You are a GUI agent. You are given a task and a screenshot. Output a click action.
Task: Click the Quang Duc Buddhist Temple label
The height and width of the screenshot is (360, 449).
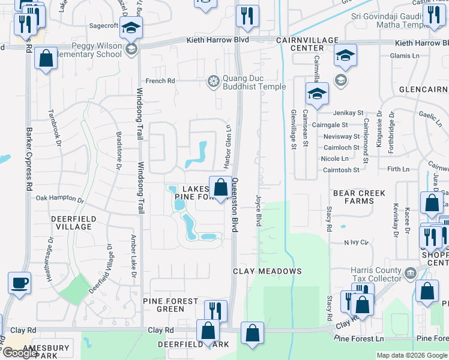tap(254, 82)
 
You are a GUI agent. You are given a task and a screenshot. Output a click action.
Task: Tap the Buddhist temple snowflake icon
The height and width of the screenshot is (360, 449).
tap(213, 82)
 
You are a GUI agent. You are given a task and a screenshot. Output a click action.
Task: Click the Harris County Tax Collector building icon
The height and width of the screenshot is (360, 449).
tap(410, 273)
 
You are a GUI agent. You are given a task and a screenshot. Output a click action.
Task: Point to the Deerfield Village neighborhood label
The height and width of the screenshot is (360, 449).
tap(71, 223)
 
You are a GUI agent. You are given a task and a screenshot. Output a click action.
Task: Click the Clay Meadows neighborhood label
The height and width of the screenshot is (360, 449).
tap(267, 271)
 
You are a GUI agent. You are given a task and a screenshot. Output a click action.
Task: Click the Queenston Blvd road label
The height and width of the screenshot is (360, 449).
tap(234, 203)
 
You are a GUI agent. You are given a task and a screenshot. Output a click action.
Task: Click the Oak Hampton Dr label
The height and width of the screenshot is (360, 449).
tap(60, 197)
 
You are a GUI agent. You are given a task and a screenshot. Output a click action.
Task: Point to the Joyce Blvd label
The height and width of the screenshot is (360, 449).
tap(259, 210)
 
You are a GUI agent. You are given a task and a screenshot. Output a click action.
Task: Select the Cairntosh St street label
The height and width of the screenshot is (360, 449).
tap(340, 170)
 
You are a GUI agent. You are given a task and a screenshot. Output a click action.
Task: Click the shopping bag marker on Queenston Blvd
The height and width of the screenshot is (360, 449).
tap(219, 185)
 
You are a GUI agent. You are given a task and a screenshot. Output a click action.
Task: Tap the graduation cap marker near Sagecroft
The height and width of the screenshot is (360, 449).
tap(130, 28)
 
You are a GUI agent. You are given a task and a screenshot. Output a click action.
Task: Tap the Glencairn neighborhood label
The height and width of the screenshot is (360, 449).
tap(423, 89)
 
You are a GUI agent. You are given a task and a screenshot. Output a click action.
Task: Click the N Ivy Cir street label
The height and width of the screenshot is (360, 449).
tap(355, 242)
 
